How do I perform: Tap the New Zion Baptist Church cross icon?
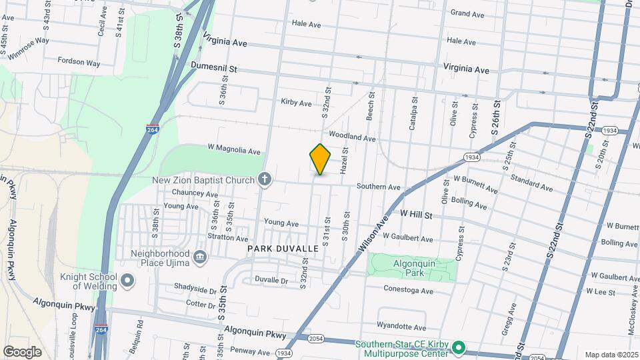pyautogui.click(x=265, y=179)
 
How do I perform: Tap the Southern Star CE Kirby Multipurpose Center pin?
pyautogui.click(x=458, y=348)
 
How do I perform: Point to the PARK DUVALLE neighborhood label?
pyautogui.click(x=283, y=248)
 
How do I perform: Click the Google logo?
pyautogui.click(x=22, y=352)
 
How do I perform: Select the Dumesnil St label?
pyautogui.click(x=214, y=67)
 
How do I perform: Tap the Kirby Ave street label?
pyautogui.click(x=297, y=103)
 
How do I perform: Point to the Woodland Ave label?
pyautogui.click(x=353, y=137)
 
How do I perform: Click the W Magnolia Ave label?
pyautogui.click(x=234, y=151)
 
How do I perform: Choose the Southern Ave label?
pyautogui.click(x=378, y=187)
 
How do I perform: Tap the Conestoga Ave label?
pyautogui.click(x=409, y=291)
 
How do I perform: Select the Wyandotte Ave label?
pyautogui.click(x=401, y=327)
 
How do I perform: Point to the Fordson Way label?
pyautogui.click(x=79, y=63)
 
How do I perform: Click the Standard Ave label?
pyautogui.click(x=531, y=183)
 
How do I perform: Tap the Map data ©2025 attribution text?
pyautogui.click(x=611, y=355)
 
